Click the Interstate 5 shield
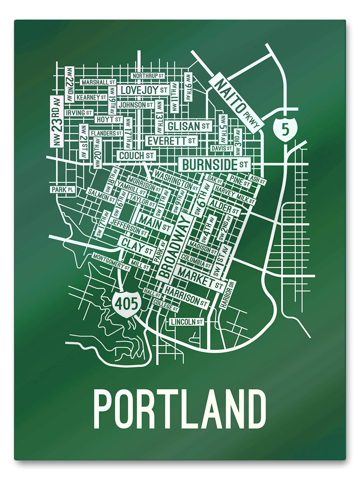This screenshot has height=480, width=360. pos(284,129)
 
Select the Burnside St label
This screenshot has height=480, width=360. pos(215,164)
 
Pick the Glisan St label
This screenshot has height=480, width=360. pos(189,126)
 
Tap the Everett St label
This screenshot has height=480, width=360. pos(171,141)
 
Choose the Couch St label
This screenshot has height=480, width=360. pos(136,155)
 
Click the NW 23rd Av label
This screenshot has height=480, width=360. pos(57,122)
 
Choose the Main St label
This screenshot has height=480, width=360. pos(155,222)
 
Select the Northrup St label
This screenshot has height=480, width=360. pos(148,76)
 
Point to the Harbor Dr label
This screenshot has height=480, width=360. pos(228,294)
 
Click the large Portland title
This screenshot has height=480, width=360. pos(180,410)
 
